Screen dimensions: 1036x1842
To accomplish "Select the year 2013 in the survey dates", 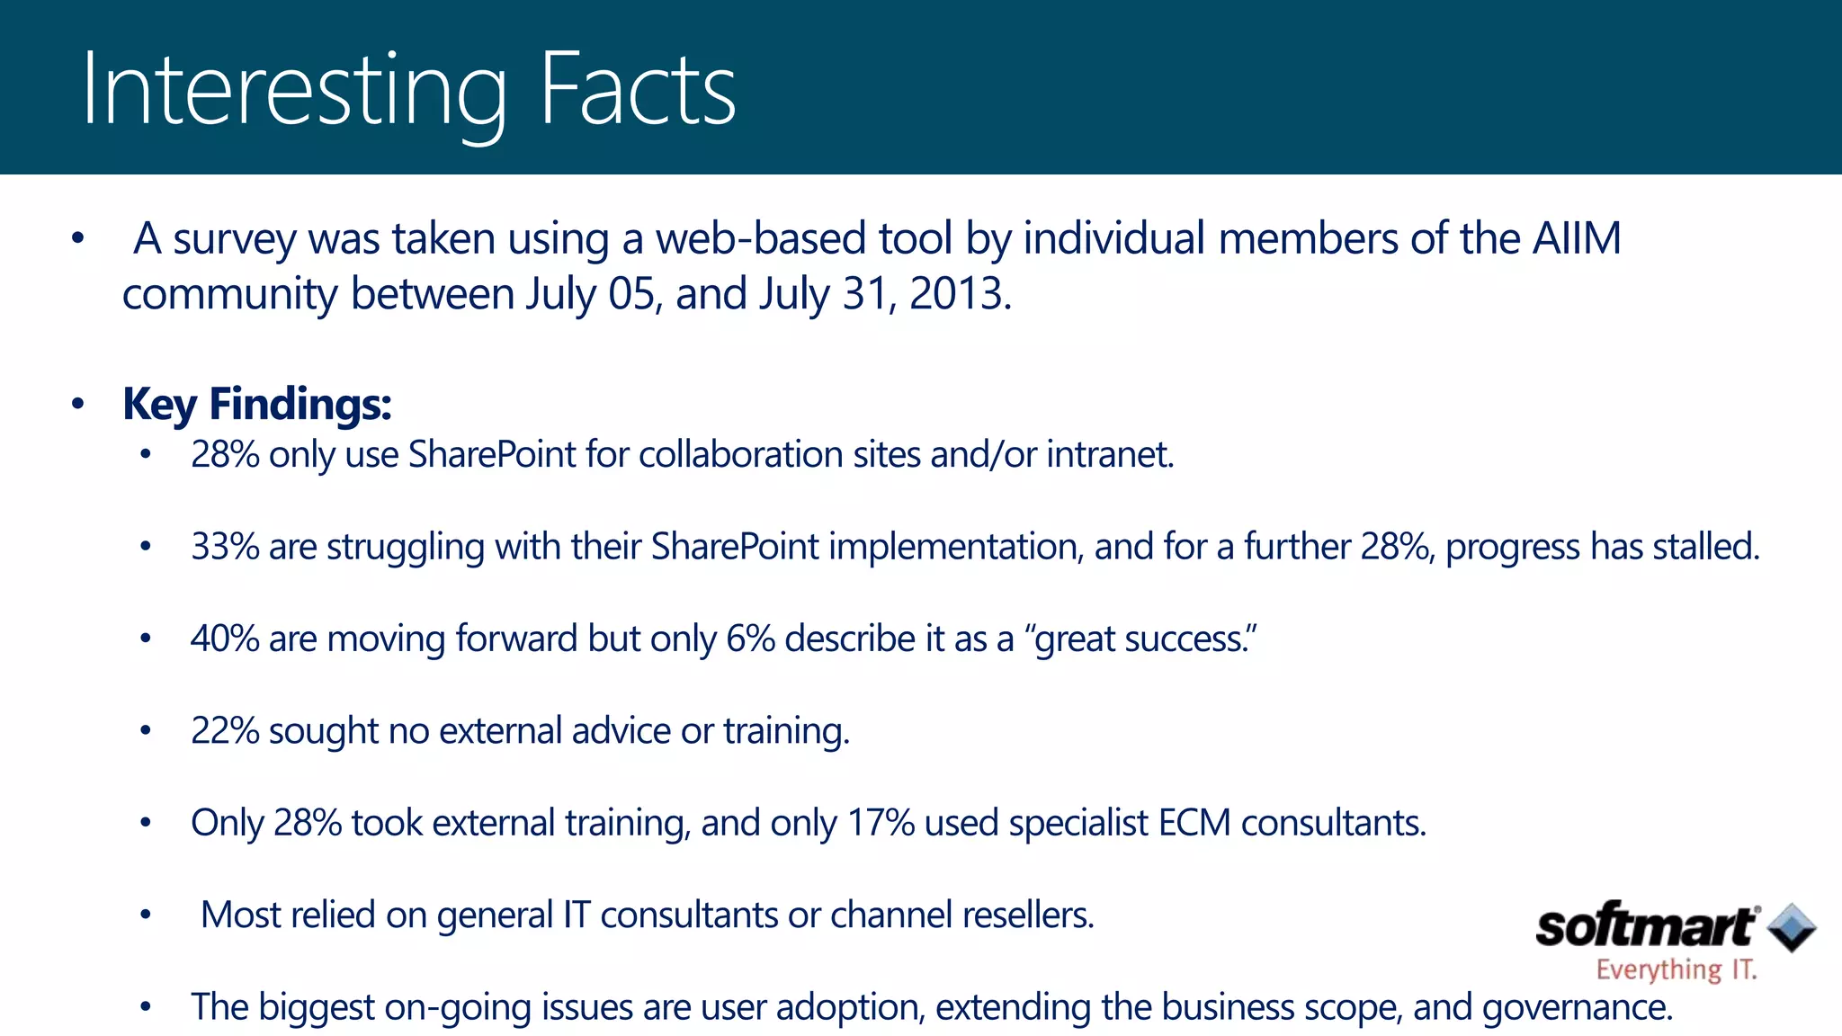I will point(957,295).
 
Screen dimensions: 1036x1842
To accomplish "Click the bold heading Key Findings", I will point(257,404).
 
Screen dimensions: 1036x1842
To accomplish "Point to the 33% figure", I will point(225,547).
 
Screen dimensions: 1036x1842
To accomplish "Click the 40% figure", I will point(225,639).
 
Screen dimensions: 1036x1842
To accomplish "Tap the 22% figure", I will point(225,730).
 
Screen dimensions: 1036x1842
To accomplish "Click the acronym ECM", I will point(1194,823).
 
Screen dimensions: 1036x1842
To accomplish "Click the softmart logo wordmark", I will point(1646,927).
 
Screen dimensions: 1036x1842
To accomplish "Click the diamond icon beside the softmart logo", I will point(1792,927).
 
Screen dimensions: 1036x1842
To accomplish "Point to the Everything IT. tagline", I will point(1676,970).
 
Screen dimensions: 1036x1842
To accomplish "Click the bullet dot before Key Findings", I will point(78,404).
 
